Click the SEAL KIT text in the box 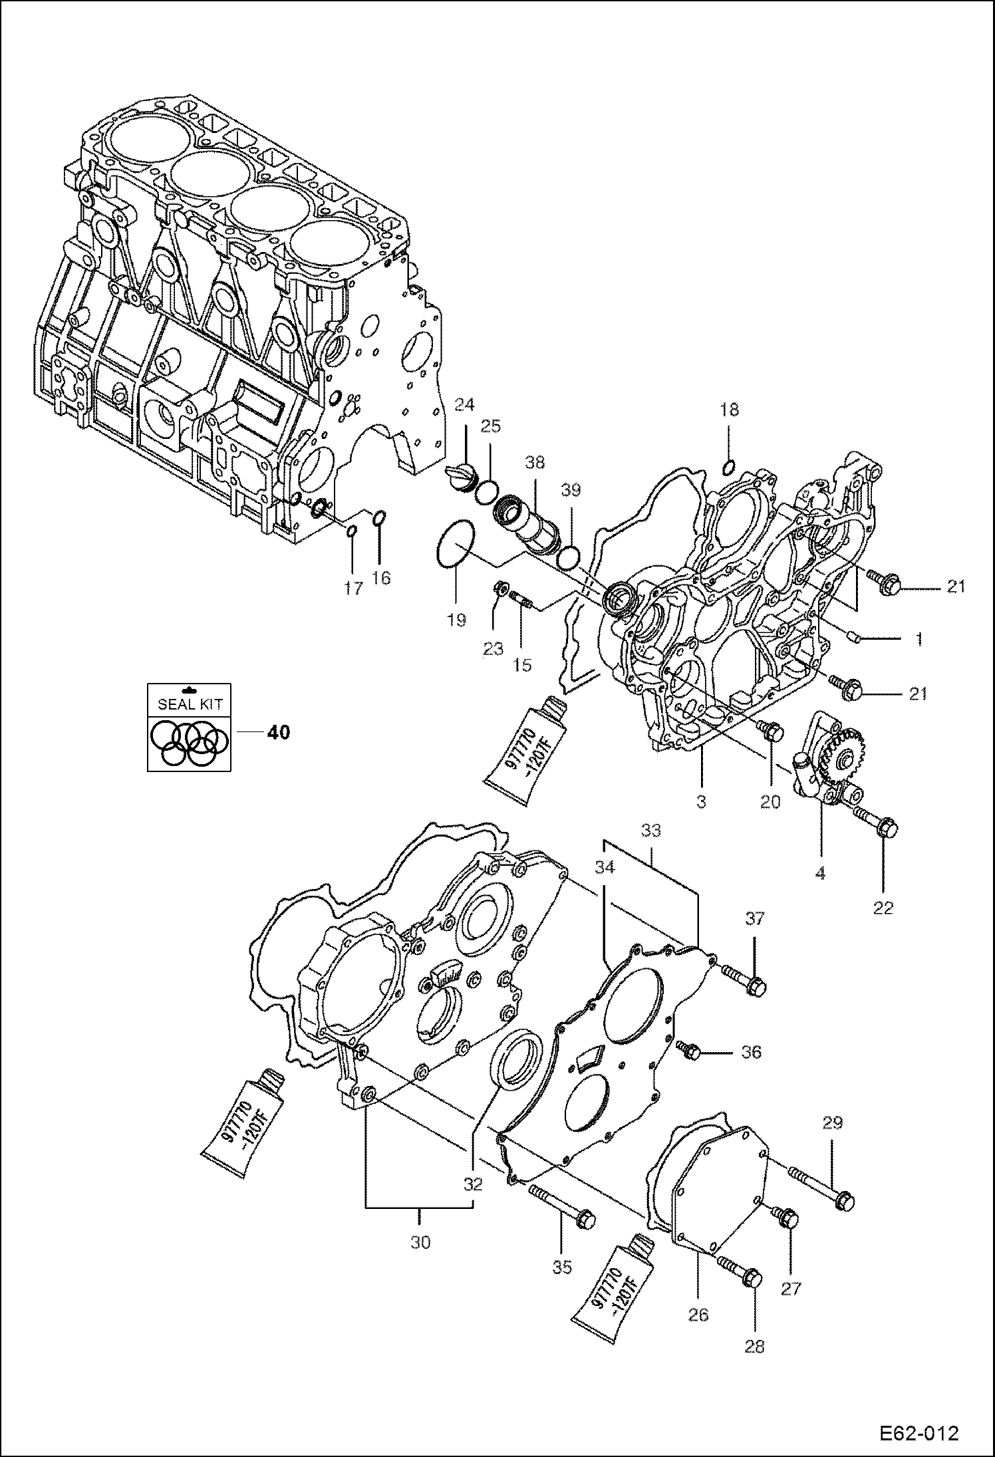click(x=190, y=704)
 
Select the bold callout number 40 click(x=278, y=732)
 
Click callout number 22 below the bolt click(x=883, y=908)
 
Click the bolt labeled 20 click(x=772, y=732)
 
